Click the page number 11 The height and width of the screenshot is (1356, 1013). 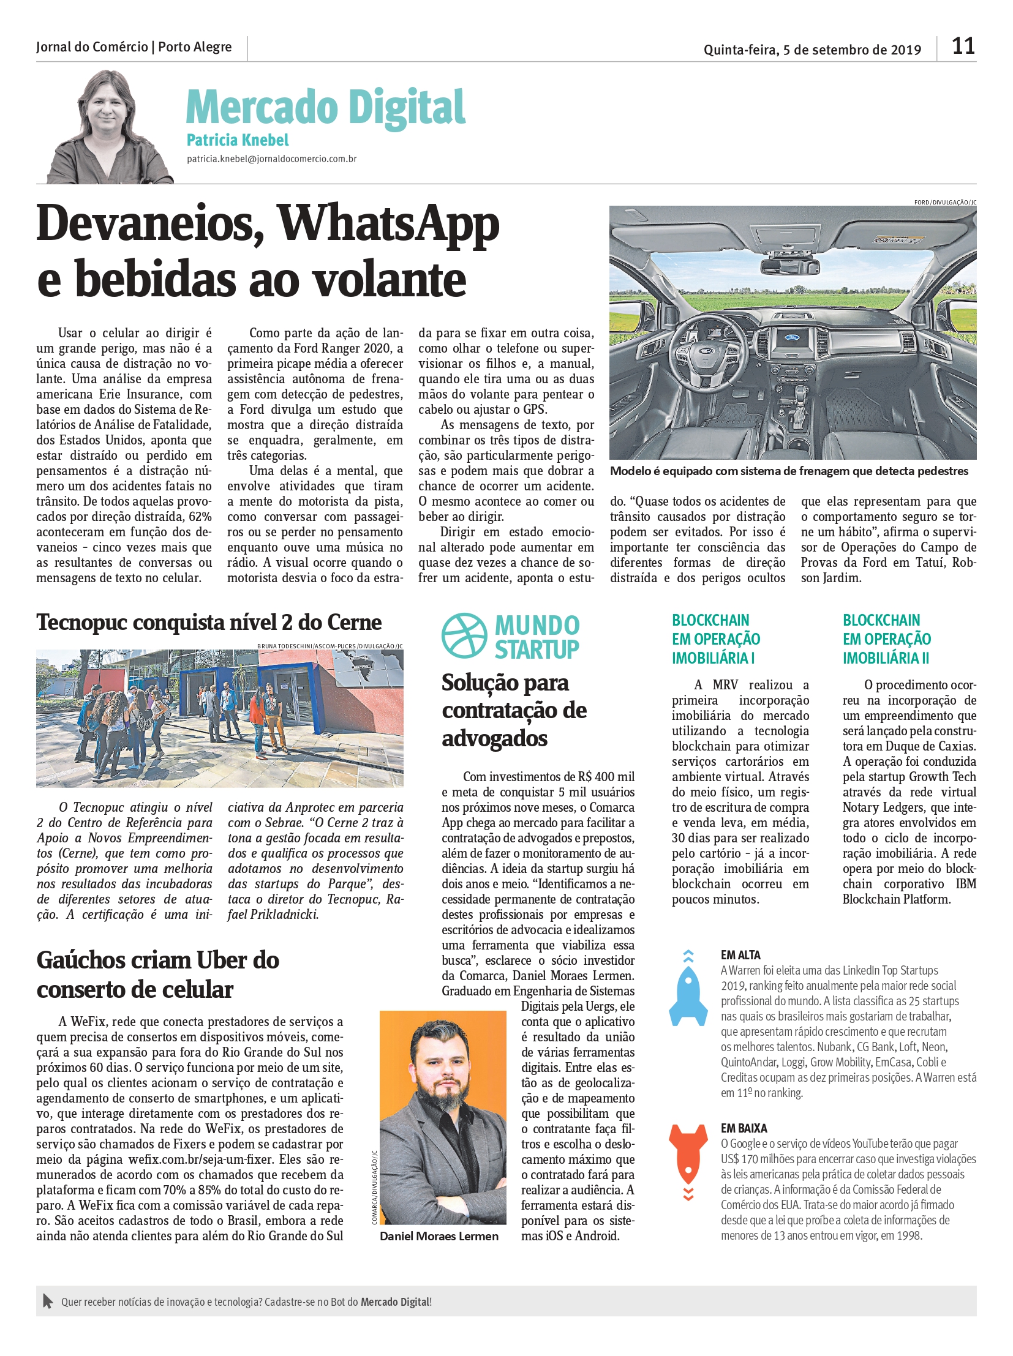963,47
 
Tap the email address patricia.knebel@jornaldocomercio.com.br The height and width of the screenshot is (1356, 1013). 272,159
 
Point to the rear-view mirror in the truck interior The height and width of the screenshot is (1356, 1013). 790,265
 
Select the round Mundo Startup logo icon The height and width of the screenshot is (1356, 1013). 464,635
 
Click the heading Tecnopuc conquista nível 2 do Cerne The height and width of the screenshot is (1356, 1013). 209,623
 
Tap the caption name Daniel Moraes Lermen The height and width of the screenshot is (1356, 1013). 439,1237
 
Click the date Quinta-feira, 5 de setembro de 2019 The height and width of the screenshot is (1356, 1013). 812,50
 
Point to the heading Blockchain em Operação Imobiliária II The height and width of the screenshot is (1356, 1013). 887,639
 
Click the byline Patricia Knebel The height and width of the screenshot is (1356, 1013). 237,140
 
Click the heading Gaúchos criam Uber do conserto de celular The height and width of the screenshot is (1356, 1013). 158,975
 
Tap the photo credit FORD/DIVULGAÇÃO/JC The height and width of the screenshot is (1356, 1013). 944,202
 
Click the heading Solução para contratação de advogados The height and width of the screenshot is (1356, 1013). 514,711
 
